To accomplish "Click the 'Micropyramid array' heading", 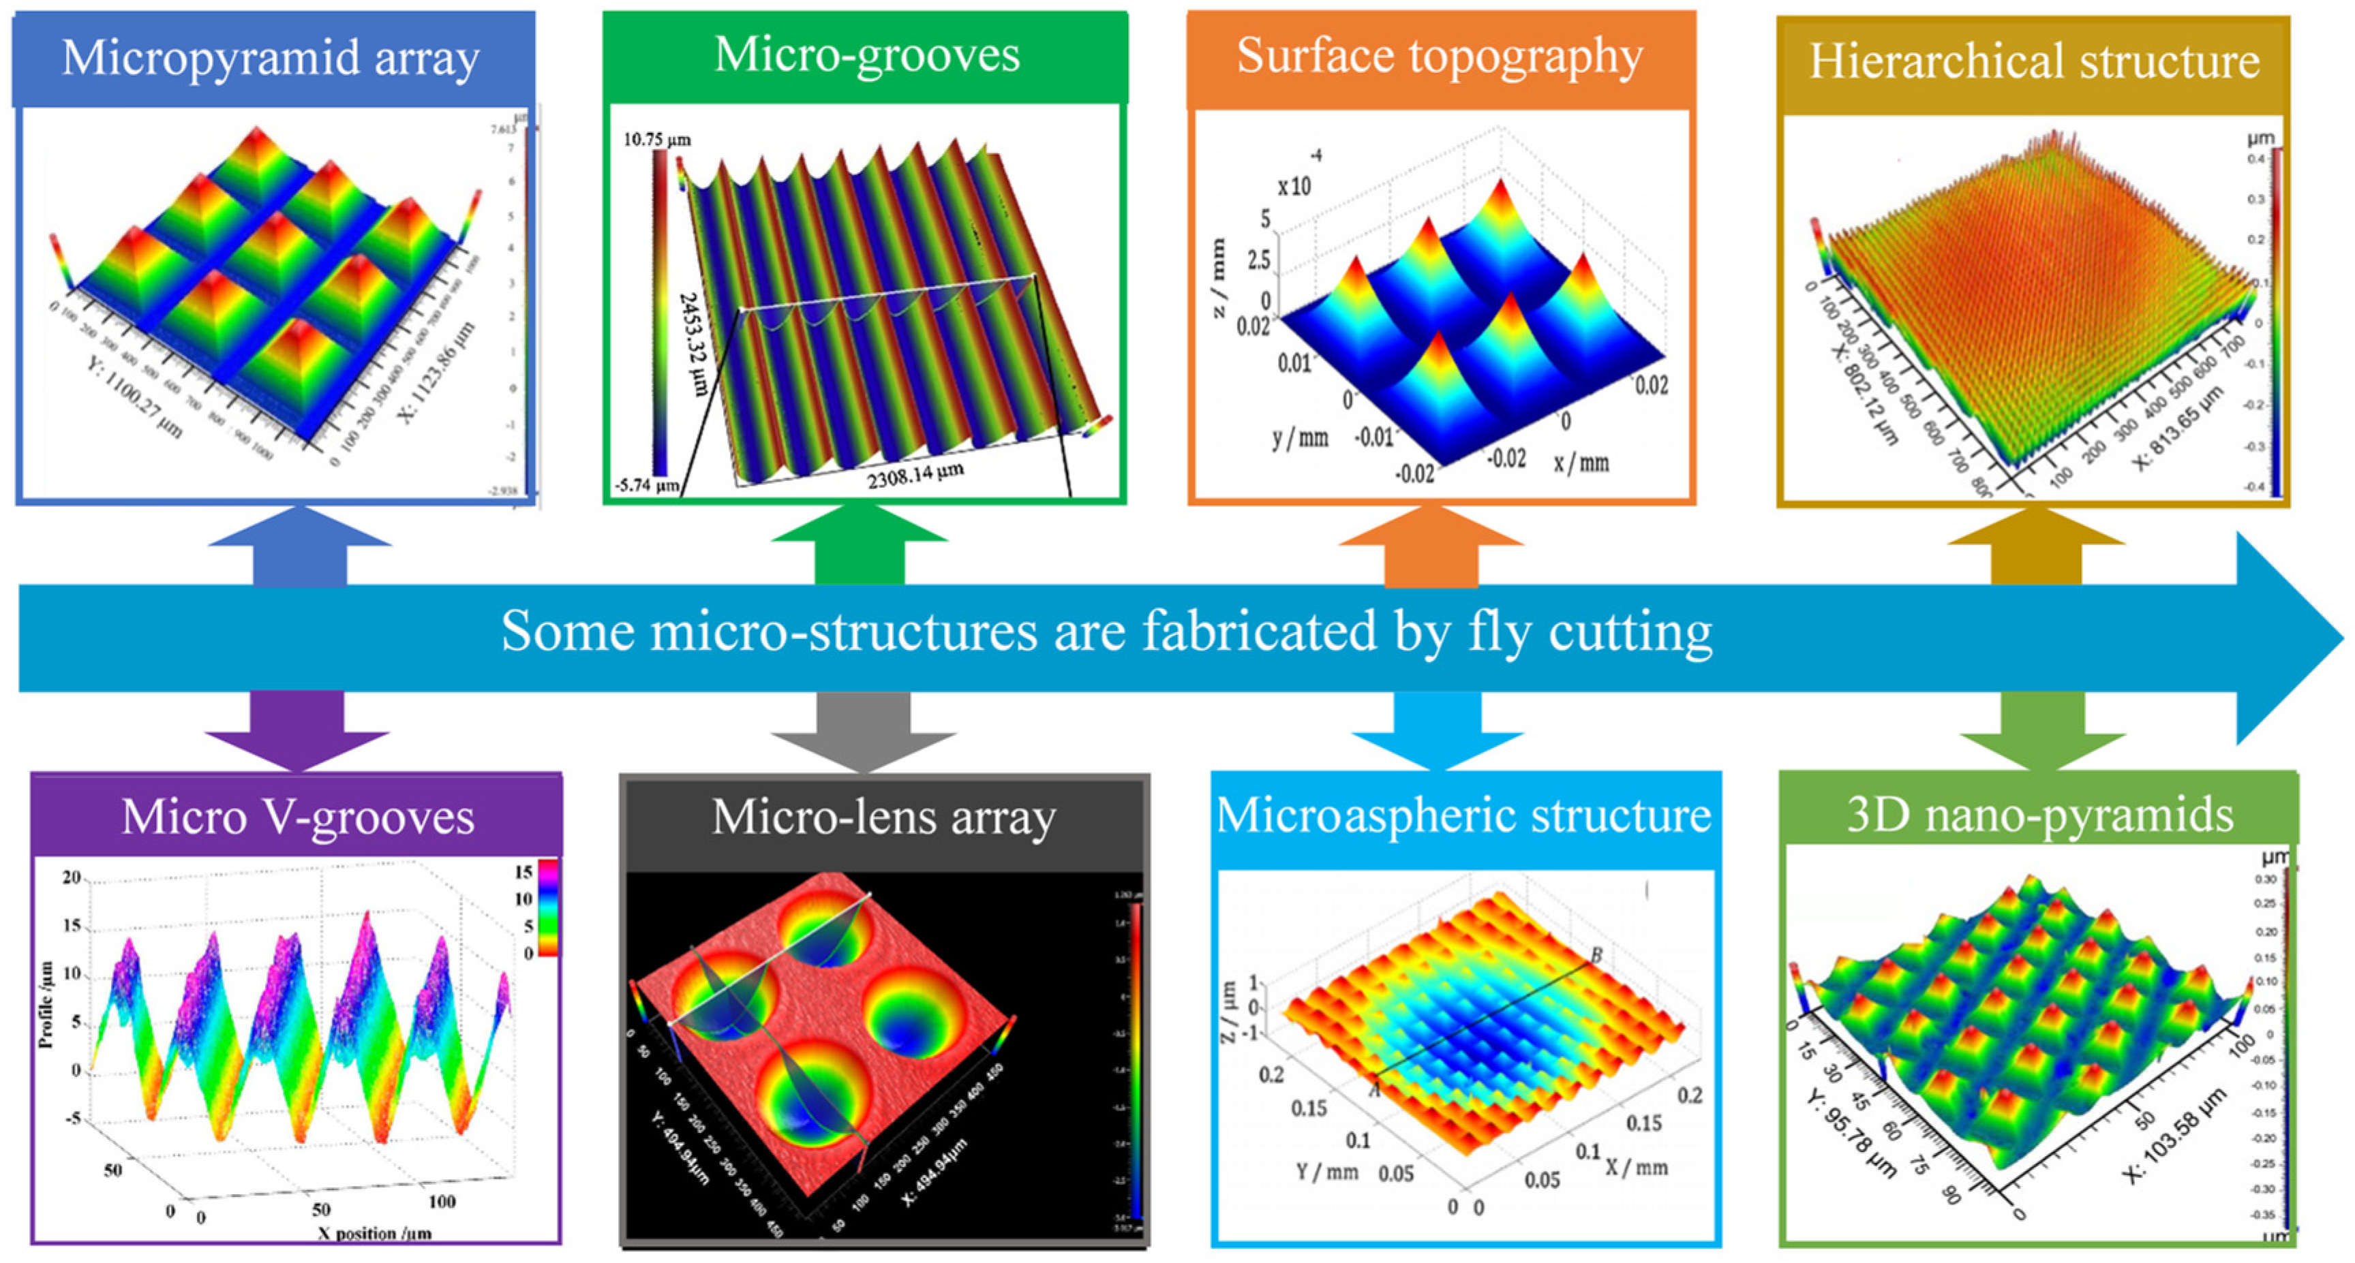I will (x=271, y=59).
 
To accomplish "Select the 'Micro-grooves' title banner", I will (x=866, y=54).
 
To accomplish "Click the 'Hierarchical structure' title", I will (x=2034, y=62).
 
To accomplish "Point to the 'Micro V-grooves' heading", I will (x=298, y=816).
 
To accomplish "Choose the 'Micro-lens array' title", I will (x=883, y=816).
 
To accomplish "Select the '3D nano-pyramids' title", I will (x=2039, y=814).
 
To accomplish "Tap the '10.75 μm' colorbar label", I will (x=657, y=140).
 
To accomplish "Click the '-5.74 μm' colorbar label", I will (x=645, y=485).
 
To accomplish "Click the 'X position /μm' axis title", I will (x=374, y=1233).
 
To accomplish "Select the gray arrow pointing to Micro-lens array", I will (x=863, y=730).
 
